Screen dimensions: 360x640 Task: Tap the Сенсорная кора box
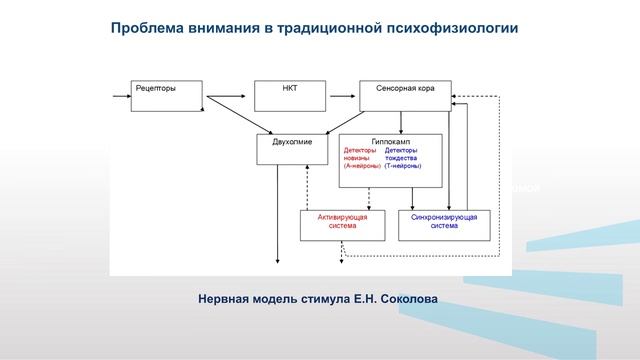(x=405, y=95)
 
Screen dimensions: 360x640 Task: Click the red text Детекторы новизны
(x=360, y=154)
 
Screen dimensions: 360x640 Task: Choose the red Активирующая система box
(x=341, y=224)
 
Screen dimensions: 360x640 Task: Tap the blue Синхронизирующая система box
(x=444, y=224)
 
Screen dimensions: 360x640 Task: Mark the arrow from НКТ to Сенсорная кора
(x=343, y=95)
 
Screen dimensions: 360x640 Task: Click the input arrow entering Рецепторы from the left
(x=120, y=95)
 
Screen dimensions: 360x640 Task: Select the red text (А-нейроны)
(x=360, y=167)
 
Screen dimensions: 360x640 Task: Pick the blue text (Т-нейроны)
(x=403, y=167)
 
